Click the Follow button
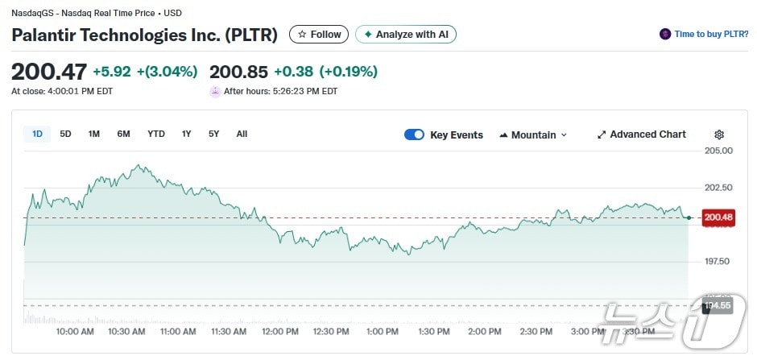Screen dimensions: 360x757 coord(319,35)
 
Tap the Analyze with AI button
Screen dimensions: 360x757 coord(406,35)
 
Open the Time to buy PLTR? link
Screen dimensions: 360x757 coord(703,34)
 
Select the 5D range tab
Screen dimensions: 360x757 coord(66,134)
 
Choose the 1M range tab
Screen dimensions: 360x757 coord(94,134)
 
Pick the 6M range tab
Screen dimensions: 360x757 coord(123,134)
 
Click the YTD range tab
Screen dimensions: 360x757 coord(156,134)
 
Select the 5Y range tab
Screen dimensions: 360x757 coord(213,134)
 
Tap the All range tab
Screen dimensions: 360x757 coord(242,134)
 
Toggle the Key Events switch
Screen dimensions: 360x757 coord(414,134)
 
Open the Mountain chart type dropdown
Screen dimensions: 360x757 coord(533,134)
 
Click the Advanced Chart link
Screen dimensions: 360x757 coord(642,134)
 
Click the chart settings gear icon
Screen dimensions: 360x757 coord(719,134)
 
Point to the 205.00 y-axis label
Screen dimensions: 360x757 coord(718,151)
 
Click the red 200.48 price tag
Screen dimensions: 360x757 coord(718,217)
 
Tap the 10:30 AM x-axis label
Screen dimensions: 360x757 coord(126,332)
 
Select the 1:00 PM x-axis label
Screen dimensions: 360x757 coord(383,332)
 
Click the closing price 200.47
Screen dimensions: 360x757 coord(49,72)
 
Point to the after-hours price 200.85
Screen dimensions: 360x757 coord(238,72)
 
